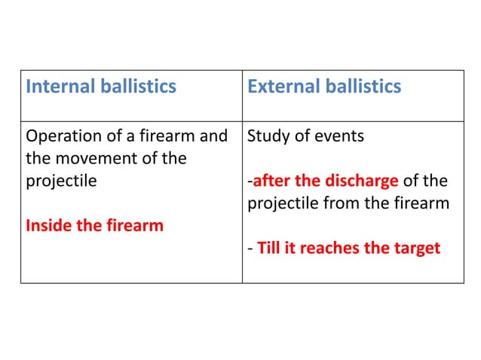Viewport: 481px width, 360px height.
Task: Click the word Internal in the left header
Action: point(59,87)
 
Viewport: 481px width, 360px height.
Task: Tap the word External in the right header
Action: point(282,87)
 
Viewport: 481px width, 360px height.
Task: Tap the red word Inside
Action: point(47,224)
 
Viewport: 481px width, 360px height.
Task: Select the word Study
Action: point(268,137)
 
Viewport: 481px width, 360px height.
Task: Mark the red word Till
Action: point(269,247)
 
